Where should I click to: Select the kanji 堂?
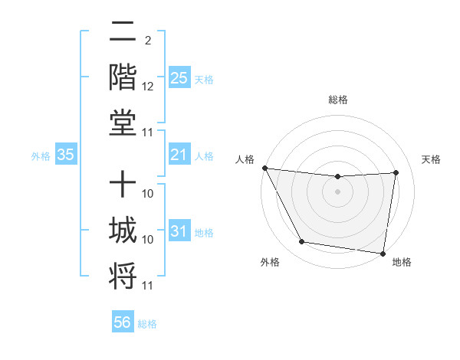123,123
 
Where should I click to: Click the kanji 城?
123,230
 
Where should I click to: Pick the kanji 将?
123,277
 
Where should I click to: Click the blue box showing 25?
179,78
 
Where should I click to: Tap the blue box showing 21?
179,155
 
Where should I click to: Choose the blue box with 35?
65,155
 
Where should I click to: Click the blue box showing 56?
122,322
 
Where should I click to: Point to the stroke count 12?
148,87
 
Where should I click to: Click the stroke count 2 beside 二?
148,40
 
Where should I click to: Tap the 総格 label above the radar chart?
338,100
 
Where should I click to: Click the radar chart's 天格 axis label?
431,159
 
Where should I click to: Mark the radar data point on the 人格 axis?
264,168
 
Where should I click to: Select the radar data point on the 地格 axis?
383,254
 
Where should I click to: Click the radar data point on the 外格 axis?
301,242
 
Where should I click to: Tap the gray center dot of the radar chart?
338,191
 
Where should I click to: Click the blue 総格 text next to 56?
147,324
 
